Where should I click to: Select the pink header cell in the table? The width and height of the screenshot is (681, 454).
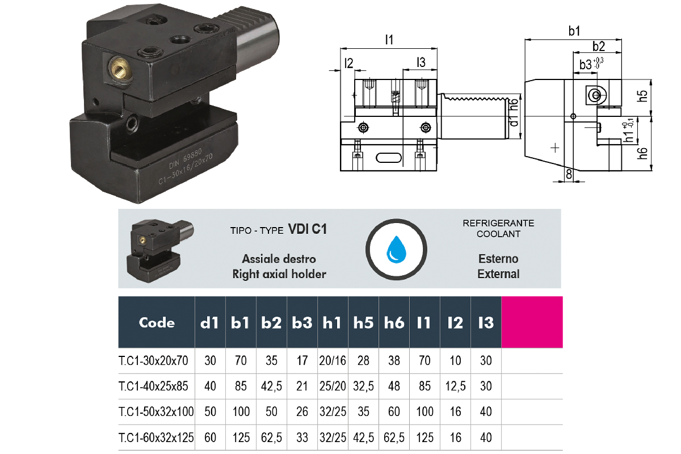pyautogui.click(x=532, y=322)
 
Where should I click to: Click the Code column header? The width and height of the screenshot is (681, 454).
pyautogui.click(x=157, y=322)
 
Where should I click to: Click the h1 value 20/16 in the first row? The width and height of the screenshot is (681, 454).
pyautogui.click(x=332, y=360)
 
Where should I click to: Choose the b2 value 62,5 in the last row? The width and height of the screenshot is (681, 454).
pyautogui.click(x=272, y=438)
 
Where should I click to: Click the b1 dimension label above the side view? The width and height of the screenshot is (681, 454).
pyautogui.click(x=574, y=32)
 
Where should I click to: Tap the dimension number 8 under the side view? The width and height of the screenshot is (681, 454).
pyautogui.click(x=569, y=175)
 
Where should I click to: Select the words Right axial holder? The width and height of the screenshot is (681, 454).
pyautogui.click(x=279, y=274)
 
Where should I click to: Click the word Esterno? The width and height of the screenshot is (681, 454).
pyautogui.click(x=498, y=259)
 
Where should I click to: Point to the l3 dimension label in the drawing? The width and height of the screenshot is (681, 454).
pyautogui.click(x=420, y=62)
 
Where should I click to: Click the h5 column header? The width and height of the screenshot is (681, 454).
pyautogui.click(x=363, y=322)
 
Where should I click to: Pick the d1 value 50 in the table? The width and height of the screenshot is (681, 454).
pyautogui.click(x=210, y=411)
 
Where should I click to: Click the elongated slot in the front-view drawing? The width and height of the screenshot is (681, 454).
pyautogui.click(x=388, y=157)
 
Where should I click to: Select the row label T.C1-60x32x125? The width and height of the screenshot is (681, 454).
pyautogui.click(x=157, y=438)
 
